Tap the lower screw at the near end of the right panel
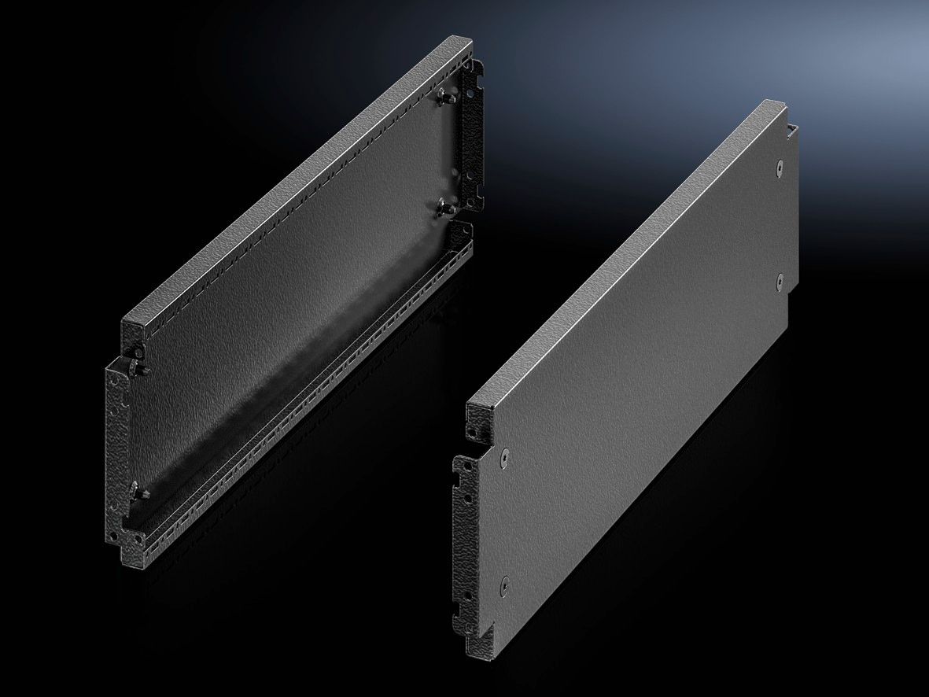(x=504, y=584)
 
